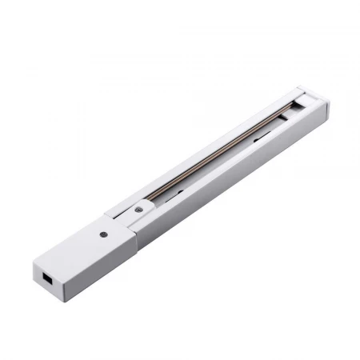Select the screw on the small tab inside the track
tap(139, 208)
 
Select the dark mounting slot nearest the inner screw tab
tap(178, 191)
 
